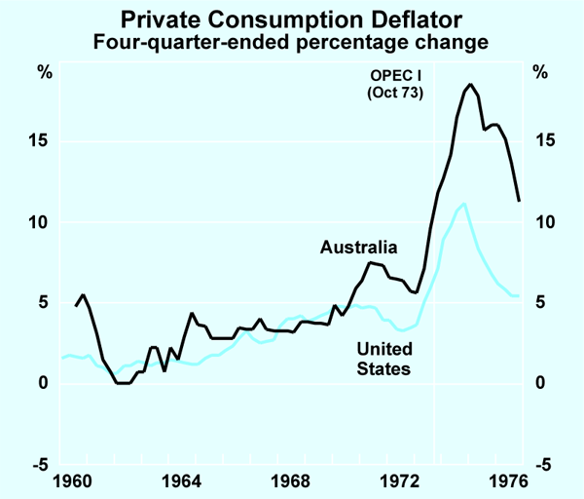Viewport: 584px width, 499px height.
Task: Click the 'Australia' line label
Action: point(359,248)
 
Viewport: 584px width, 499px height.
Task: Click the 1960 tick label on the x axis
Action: point(76,480)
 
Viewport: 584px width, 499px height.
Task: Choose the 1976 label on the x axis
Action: point(508,480)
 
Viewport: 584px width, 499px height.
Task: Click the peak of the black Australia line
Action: point(470,85)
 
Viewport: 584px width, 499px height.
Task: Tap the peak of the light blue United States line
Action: point(463,204)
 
